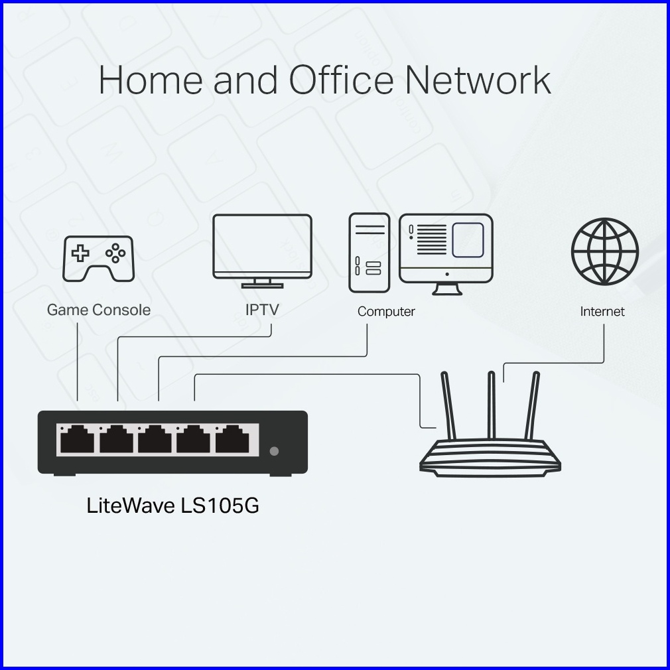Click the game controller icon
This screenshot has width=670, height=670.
click(x=98, y=259)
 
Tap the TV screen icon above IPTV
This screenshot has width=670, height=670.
click(x=262, y=247)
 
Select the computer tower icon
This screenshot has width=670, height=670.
click(x=369, y=253)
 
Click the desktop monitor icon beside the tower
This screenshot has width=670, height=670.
click(x=446, y=249)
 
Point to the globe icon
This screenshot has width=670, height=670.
click(x=604, y=251)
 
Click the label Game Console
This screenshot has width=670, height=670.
click(x=99, y=310)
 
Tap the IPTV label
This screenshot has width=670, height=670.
click(x=262, y=310)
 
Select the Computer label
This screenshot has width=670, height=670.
click(x=386, y=311)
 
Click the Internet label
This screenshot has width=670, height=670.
click(x=602, y=311)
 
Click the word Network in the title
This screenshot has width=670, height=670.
click(x=478, y=80)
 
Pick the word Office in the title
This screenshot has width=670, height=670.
click(x=341, y=80)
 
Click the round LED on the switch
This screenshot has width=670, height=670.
click(x=274, y=451)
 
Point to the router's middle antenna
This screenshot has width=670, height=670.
click(x=492, y=405)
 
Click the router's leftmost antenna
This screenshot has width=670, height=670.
click(x=448, y=405)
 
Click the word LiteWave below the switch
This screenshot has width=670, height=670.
click(x=131, y=505)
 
